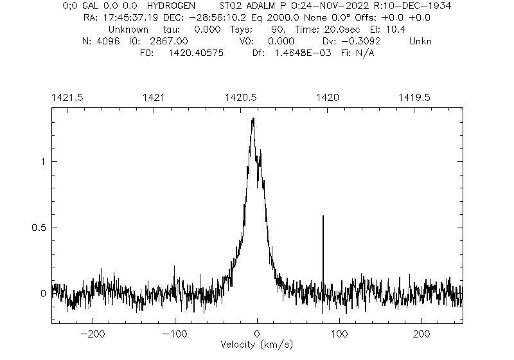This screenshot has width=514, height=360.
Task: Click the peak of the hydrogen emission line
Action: click(x=253, y=119)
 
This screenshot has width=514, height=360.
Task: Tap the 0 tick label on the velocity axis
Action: click(x=257, y=334)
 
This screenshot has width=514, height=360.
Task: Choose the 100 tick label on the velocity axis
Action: click(x=339, y=334)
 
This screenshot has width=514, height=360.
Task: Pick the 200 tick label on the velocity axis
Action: click(x=421, y=334)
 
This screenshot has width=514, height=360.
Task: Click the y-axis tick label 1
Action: click(x=42, y=161)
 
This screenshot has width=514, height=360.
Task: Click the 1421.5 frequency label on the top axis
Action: click(x=66, y=97)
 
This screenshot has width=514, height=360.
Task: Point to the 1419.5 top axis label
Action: click(x=414, y=97)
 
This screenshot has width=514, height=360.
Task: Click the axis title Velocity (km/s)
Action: click(x=256, y=345)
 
